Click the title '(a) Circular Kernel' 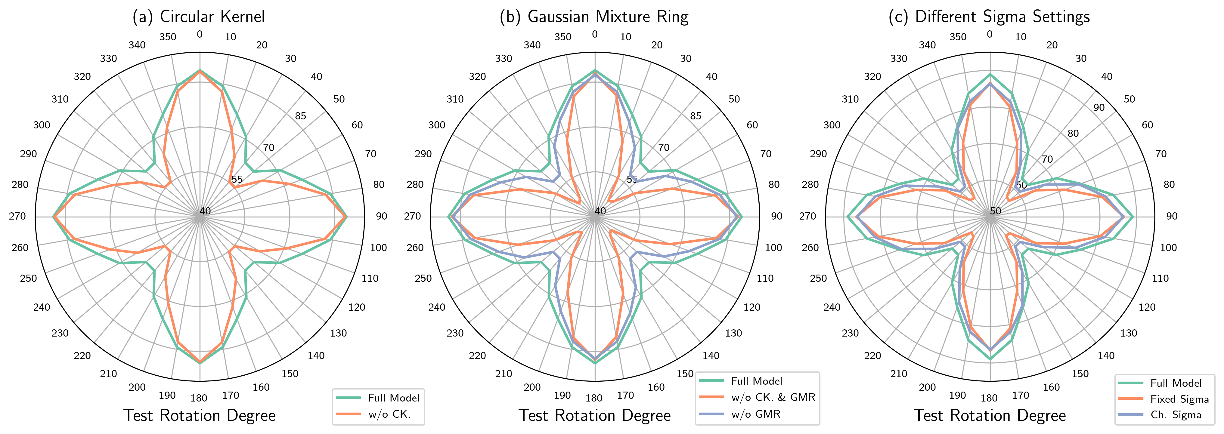pos(199,17)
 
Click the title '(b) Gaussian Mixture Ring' pos(594,17)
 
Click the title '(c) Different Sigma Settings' pos(989,17)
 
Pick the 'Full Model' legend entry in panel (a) pos(393,398)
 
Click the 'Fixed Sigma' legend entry pos(1179,399)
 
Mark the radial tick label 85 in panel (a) pos(300,116)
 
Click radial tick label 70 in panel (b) pos(664,148)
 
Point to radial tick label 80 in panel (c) pos(1073,134)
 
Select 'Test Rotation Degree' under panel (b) pos(594,415)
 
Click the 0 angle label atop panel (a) pos(200,34)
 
